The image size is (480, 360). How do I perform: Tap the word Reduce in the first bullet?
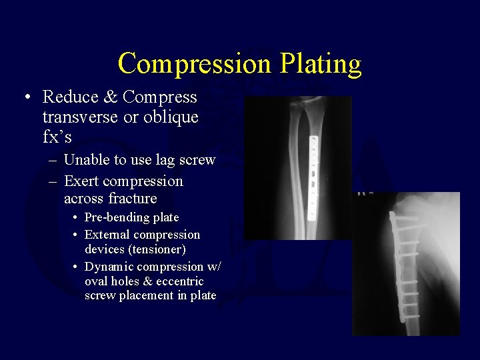69,97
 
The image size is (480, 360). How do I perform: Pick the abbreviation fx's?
57,137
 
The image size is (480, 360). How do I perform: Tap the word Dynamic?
109,267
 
